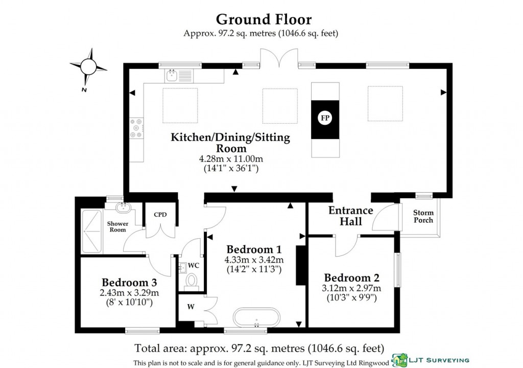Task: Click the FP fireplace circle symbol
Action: [325, 118]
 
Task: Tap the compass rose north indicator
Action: [88, 66]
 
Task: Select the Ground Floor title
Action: [264, 19]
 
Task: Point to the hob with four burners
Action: [136, 128]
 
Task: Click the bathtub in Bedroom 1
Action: [256, 317]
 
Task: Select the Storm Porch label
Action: [423, 216]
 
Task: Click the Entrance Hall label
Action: [351, 216]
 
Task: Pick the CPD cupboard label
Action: [160, 215]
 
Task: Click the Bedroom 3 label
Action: [129, 282]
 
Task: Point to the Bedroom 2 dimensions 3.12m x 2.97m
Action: [352, 289]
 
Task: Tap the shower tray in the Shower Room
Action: [92, 231]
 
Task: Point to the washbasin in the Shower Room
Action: [123, 207]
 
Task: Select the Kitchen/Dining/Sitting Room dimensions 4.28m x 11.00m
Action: [230, 159]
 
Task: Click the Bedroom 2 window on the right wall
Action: [397, 270]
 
